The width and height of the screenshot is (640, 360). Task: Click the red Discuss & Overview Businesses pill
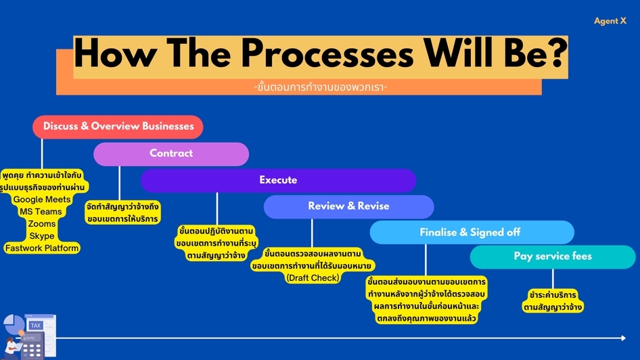(118, 127)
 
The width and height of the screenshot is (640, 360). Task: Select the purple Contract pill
(171, 154)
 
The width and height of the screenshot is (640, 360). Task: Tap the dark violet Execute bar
(278, 181)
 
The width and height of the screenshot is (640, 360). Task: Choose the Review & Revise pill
(348, 206)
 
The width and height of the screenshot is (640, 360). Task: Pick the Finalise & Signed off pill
(472, 232)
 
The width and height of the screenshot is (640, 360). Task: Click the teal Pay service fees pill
(553, 256)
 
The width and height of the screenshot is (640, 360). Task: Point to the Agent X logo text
(610, 21)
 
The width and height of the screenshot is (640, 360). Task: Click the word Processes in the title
(327, 54)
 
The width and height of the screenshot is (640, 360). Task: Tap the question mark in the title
(555, 52)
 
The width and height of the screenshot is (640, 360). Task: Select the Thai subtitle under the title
(321, 87)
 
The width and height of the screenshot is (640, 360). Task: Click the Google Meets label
(42, 200)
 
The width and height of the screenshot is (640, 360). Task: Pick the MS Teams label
(41, 212)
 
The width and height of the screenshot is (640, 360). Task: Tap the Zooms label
(42, 224)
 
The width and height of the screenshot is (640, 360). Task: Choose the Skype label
(42, 236)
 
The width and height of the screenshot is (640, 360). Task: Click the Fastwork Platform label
(42, 248)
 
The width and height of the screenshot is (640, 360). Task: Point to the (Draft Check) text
(313, 278)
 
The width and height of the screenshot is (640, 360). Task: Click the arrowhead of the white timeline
(623, 338)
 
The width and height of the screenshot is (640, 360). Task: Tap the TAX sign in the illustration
(35, 325)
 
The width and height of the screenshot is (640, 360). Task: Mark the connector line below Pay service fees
(553, 279)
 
